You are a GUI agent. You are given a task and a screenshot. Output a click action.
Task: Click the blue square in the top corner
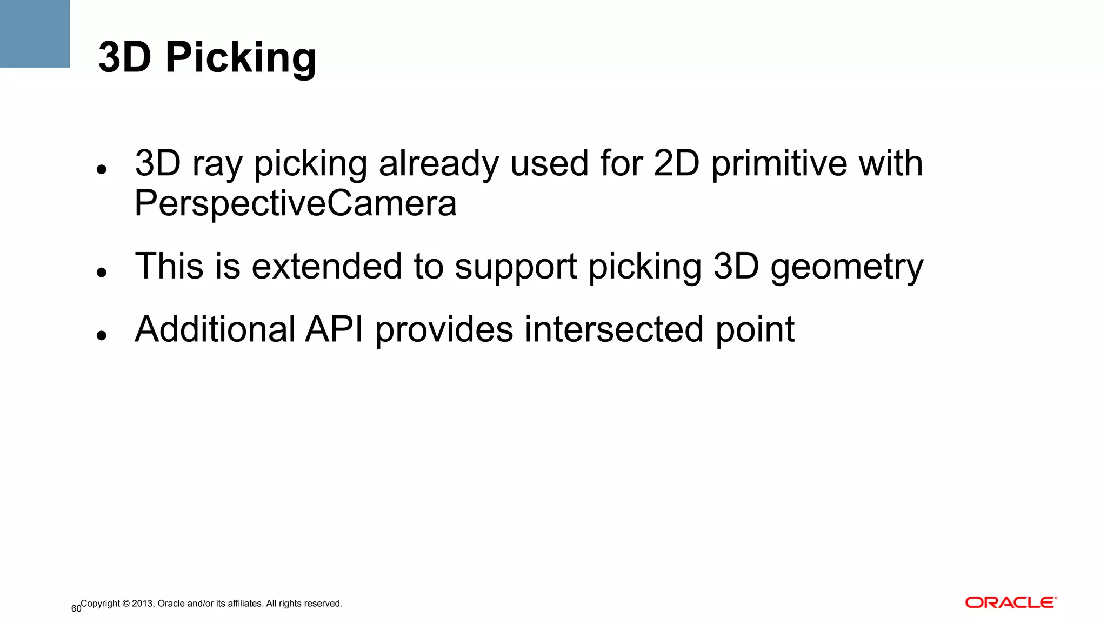pyautogui.click(x=35, y=34)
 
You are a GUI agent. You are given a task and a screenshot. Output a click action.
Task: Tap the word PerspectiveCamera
pyautogui.click(x=296, y=203)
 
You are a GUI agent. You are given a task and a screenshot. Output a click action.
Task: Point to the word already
pyautogui.click(x=438, y=164)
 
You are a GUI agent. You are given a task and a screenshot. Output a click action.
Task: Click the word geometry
pyautogui.click(x=846, y=268)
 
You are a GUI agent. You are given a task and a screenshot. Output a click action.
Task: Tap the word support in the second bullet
pyautogui.click(x=516, y=268)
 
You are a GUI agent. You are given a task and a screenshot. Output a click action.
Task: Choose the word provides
pyautogui.click(x=444, y=330)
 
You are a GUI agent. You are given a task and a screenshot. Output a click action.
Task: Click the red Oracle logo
pyautogui.click(x=1011, y=602)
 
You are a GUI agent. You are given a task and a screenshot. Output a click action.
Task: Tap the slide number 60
pyautogui.click(x=76, y=609)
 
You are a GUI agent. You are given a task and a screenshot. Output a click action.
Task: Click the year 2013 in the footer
pyautogui.click(x=143, y=604)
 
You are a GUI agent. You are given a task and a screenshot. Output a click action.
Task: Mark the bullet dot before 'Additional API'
pyautogui.click(x=101, y=336)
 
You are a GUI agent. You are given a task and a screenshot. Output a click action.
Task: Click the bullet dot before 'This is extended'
pyautogui.click(x=101, y=273)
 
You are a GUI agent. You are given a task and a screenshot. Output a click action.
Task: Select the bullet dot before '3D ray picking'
pyautogui.click(x=101, y=170)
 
